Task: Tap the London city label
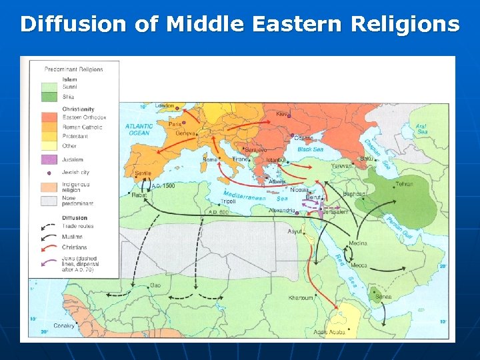[165, 106]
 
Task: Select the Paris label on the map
[175, 124]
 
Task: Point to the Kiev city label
[282, 114]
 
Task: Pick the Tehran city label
[405, 185]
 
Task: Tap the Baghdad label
[354, 194]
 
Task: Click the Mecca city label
[359, 265]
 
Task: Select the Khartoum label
[301, 298]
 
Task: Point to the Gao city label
[155, 285]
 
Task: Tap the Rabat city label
[139, 195]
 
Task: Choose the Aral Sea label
[421, 129]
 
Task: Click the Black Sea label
[310, 149]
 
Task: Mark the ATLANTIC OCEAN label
[139, 129]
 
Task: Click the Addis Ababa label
[329, 332]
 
